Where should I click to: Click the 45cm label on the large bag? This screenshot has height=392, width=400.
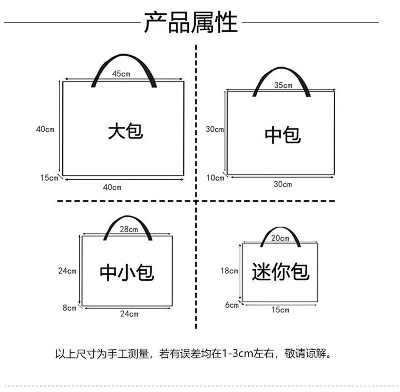(x=121, y=74)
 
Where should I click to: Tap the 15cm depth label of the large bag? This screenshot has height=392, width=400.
(x=49, y=178)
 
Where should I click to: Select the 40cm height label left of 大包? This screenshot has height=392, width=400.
(x=45, y=129)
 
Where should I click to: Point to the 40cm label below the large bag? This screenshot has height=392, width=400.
(x=112, y=187)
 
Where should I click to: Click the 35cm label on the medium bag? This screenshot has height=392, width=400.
(x=283, y=85)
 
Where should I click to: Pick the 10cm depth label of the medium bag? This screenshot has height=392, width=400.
(x=215, y=178)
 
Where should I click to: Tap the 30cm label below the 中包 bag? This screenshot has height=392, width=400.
(x=283, y=184)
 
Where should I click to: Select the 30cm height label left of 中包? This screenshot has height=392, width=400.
(x=215, y=129)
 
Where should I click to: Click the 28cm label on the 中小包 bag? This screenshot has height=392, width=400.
(x=129, y=229)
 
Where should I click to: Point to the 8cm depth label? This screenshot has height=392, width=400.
(x=69, y=308)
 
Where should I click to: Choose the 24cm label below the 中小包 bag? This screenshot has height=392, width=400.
(x=129, y=313)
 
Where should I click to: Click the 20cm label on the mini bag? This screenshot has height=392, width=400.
(x=280, y=238)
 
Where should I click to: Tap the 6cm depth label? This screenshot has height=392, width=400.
(x=232, y=305)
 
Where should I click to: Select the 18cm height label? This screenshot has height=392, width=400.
(x=229, y=270)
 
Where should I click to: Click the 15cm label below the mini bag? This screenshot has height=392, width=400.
(x=280, y=310)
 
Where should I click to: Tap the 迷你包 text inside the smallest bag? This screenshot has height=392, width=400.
(x=281, y=271)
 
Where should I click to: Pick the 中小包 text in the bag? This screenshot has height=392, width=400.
(x=127, y=272)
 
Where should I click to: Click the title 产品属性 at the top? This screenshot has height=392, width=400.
(x=191, y=22)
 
